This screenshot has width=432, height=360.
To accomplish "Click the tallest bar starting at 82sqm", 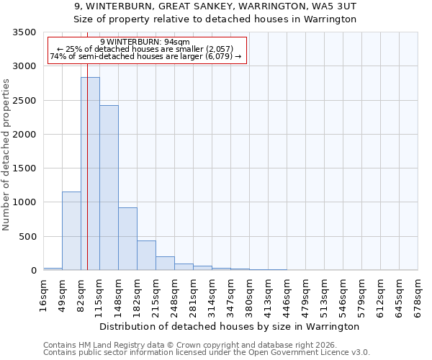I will tap(90, 173).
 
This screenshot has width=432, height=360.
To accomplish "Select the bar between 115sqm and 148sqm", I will tap(109, 187).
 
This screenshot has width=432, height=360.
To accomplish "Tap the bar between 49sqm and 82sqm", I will tap(71, 230).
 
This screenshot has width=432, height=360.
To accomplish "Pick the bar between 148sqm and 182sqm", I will tap(127, 238).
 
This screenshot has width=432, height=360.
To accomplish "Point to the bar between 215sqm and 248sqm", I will tap(165, 264).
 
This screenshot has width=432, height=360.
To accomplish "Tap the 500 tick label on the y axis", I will tap(27, 237).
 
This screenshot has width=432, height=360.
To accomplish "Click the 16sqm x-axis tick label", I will tap(44, 296).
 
